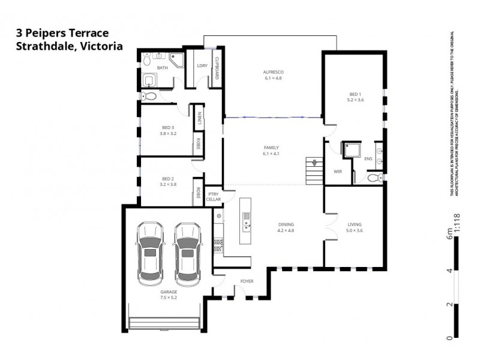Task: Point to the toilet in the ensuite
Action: coord(374,178)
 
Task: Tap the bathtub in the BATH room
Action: coord(149,80)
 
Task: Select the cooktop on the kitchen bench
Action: coord(218,244)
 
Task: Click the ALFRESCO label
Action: coord(274,72)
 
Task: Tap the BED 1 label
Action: coord(355,94)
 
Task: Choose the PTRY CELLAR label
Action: coord(214,197)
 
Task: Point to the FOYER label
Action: coord(247,281)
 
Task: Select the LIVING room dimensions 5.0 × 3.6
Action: coord(355,231)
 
